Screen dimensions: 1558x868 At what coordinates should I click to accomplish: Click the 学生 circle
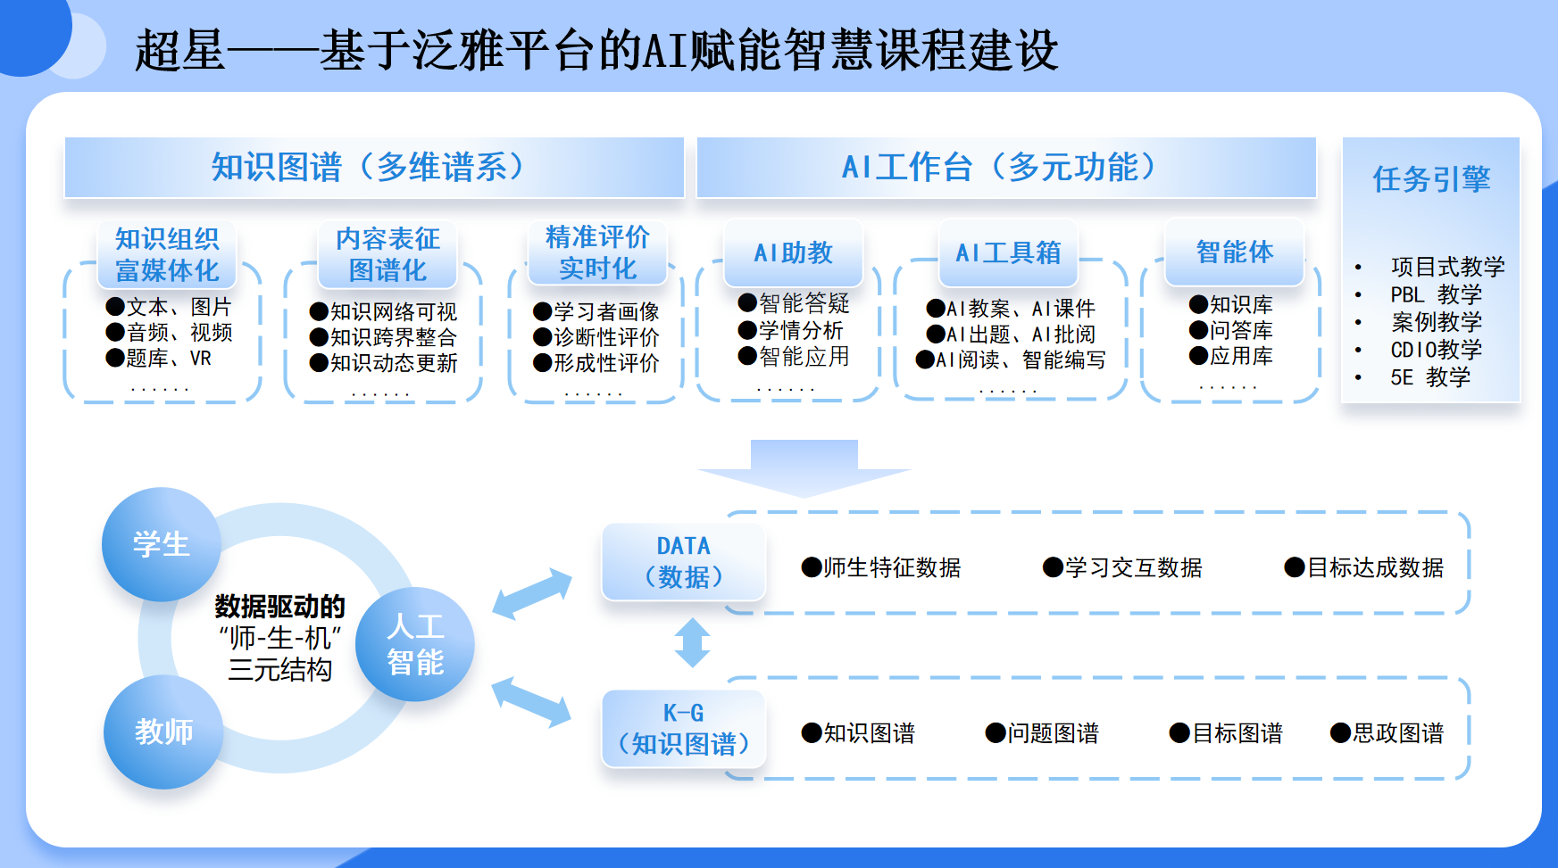coord(162,544)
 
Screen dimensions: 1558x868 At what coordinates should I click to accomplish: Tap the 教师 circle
coord(163,732)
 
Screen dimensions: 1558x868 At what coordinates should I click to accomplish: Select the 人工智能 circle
coord(415,644)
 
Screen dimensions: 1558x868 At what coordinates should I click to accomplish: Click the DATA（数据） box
coord(684,561)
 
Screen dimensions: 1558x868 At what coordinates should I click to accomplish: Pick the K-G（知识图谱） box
coord(684,729)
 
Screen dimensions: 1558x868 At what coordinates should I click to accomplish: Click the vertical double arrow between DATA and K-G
coord(693,642)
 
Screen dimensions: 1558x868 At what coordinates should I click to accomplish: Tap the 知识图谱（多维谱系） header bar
coord(374,167)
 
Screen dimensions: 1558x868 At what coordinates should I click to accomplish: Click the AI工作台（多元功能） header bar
coord(1006,167)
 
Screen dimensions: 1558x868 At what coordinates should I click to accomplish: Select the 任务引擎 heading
coord(1431,179)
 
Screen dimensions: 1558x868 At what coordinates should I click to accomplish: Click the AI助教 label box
coord(794,252)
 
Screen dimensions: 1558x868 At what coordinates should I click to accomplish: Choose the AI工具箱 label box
coord(1009,252)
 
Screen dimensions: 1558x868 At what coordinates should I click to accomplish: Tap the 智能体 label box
coord(1235,252)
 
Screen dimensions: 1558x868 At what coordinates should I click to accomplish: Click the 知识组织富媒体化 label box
coord(167,254)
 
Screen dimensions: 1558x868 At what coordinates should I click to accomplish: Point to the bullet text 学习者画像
coord(596,311)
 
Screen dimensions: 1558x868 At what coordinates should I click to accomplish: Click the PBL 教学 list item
coord(1436,294)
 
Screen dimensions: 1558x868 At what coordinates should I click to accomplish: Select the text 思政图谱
coord(1387,733)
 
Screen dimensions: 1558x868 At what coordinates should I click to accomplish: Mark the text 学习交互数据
coord(1123,567)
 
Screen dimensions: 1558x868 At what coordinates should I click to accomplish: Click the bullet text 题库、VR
coord(159,358)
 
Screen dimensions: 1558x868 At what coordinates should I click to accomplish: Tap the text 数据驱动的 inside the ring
coord(279,607)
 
